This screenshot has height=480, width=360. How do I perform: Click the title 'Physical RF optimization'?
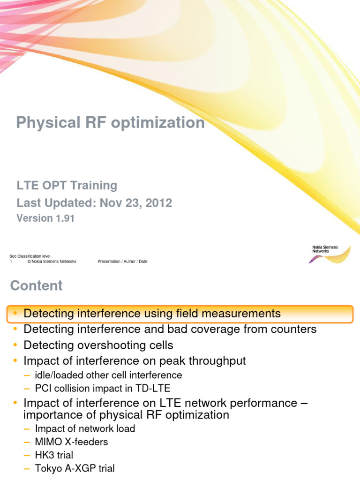(x=110, y=123)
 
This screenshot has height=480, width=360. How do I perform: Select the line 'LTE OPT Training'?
(x=67, y=186)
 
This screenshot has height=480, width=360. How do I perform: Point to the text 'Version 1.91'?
(x=45, y=218)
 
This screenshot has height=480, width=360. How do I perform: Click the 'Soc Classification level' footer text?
(x=30, y=256)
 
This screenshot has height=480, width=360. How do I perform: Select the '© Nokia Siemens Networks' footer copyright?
(x=52, y=262)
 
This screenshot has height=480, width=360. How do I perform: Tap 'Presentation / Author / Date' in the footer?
(x=122, y=262)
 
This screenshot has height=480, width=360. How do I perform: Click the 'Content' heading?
(x=36, y=286)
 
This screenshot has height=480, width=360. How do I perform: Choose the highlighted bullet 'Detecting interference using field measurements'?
(x=152, y=313)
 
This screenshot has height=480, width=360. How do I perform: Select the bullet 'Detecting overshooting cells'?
(x=98, y=345)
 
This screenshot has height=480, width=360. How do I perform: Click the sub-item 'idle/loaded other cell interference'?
(x=108, y=375)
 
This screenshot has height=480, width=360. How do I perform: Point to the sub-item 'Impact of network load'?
(x=85, y=428)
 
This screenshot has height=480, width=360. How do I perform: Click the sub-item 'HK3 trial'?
(x=54, y=455)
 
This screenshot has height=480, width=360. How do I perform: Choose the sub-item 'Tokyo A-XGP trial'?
(x=75, y=468)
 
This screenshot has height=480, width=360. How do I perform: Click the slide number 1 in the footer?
(x=11, y=262)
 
